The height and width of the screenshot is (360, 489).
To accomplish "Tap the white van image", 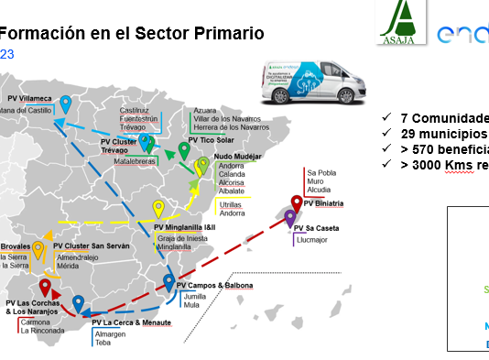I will point(303,82).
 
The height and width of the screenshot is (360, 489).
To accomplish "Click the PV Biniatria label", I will point(324,202).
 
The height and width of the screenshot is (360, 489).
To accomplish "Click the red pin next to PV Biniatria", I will point(297,202).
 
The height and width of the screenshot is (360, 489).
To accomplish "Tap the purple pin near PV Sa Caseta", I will point(290,218).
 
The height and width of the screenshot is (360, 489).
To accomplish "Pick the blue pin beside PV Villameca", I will point(65,104).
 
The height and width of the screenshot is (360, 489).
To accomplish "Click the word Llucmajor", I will point(312,240).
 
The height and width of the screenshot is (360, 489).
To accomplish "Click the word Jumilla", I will point(193,297).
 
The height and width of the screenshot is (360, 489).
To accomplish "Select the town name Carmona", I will point(35,322).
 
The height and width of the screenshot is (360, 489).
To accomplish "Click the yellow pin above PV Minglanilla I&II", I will point(158,208).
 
